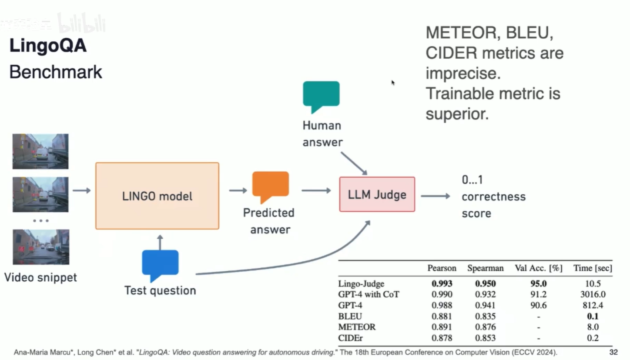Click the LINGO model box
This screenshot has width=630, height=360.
157,196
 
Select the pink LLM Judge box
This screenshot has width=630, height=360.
377,194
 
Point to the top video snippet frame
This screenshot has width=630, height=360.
40,151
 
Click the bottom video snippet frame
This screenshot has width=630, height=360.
40,247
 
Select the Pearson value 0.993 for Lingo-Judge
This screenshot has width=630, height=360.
442,284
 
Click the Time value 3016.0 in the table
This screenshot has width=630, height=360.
592,295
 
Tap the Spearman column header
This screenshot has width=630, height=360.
485,268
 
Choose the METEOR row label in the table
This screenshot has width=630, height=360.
357,327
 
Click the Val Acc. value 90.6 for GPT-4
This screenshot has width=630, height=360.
538,306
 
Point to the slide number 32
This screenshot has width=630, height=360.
613,352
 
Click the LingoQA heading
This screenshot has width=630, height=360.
48,46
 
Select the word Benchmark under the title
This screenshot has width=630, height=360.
56,72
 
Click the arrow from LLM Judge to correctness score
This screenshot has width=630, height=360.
435,196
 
